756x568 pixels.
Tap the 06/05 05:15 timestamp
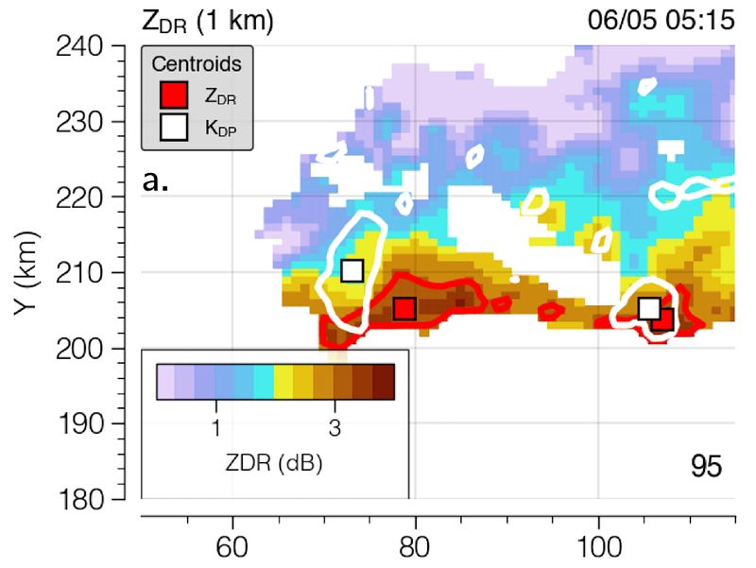tap(661, 20)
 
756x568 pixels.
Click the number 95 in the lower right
tap(704, 467)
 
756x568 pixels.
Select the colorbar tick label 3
tap(335, 427)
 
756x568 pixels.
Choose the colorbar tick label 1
tap(215, 427)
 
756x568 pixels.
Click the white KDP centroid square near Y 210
tap(352, 271)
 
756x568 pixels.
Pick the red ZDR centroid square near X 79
tap(404, 308)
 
